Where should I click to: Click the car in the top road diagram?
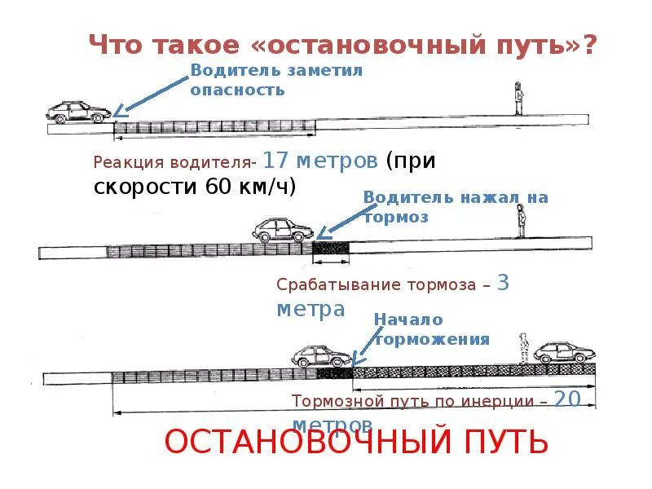click(79, 112)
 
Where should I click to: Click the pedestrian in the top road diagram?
click(518, 99)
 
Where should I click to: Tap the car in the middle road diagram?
click(282, 229)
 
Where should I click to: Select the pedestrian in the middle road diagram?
click(520, 221)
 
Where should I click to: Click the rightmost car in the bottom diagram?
click(564, 352)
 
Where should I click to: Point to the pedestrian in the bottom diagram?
click(524, 349)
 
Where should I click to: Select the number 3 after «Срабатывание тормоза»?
click(503, 283)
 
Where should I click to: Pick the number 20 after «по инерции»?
click(571, 399)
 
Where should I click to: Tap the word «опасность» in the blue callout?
click(238, 90)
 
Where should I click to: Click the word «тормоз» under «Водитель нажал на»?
click(395, 218)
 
